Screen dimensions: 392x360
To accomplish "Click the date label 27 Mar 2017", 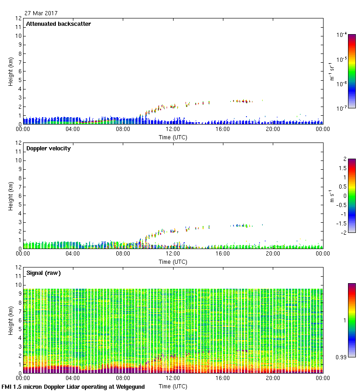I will [x=41, y=13].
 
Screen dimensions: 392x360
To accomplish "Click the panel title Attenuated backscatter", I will [x=58, y=24].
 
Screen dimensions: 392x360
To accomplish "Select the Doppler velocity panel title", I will [x=48, y=148].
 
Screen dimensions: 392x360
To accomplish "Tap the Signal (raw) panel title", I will [x=43, y=273].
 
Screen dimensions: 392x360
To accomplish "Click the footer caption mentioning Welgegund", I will [x=73, y=387].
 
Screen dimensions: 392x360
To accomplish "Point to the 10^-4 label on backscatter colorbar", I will [x=342, y=35].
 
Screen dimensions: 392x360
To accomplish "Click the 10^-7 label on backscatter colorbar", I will [x=342, y=108].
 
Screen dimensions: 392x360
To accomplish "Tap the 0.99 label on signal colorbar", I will [x=341, y=357].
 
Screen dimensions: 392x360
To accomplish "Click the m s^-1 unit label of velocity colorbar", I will [x=331, y=196].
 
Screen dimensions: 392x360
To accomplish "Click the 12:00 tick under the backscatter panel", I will [x=173, y=129].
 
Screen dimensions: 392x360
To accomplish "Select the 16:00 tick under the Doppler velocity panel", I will [x=222, y=254].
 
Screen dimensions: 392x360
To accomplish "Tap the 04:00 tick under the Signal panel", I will [x=72, y=378].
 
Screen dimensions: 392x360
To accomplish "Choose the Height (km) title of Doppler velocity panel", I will [x=10, y=196].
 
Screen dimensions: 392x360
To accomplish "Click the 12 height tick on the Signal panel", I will [x=19, y=267].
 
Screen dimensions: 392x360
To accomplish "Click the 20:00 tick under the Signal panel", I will [x=273, y=378].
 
